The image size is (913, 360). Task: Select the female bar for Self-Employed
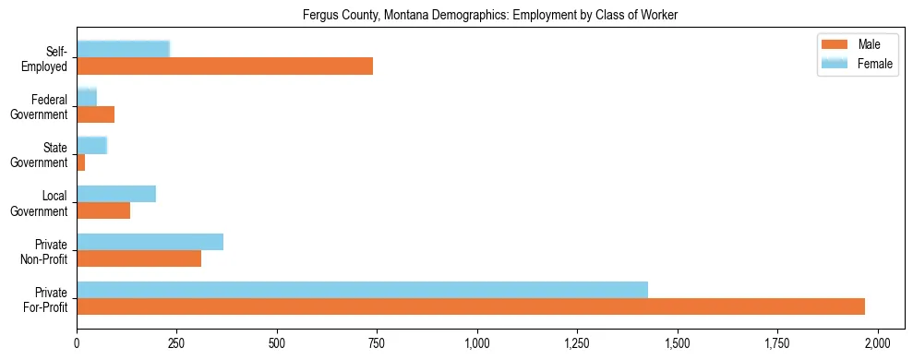(x=123, y=49)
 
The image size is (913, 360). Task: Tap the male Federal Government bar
(x=95, y=114)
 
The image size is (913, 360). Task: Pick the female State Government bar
(x=91, y=145)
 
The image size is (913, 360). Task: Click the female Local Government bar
(x=116, y=193)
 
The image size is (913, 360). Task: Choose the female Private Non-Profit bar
(x=150, y=241)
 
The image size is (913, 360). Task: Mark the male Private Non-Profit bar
(x=138, y=258)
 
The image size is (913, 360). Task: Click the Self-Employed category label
(x=51, y=58)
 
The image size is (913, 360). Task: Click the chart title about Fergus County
(x=490, y=15)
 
